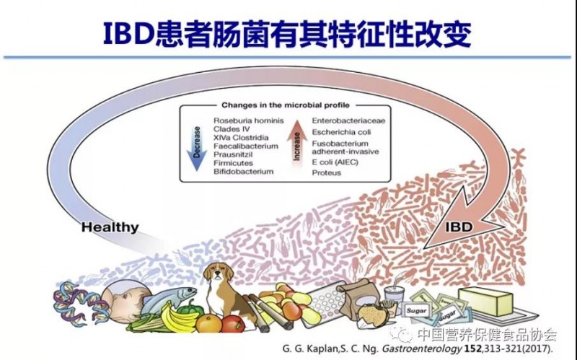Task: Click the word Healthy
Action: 110,227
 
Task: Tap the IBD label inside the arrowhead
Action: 459,227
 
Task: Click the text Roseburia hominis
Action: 248,120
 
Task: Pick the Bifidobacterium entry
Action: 243,172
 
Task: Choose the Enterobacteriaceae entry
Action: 348,120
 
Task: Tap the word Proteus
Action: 327,172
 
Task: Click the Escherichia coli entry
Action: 341,132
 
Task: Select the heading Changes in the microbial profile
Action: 285,105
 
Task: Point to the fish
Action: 169,297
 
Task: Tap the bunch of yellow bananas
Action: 178,317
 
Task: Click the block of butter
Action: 485,301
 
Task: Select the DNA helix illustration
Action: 80,302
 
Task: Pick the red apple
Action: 233,324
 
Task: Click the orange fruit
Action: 208,324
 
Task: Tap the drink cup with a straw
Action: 394,297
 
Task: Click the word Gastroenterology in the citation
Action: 422,348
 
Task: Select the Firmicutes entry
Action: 233,163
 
